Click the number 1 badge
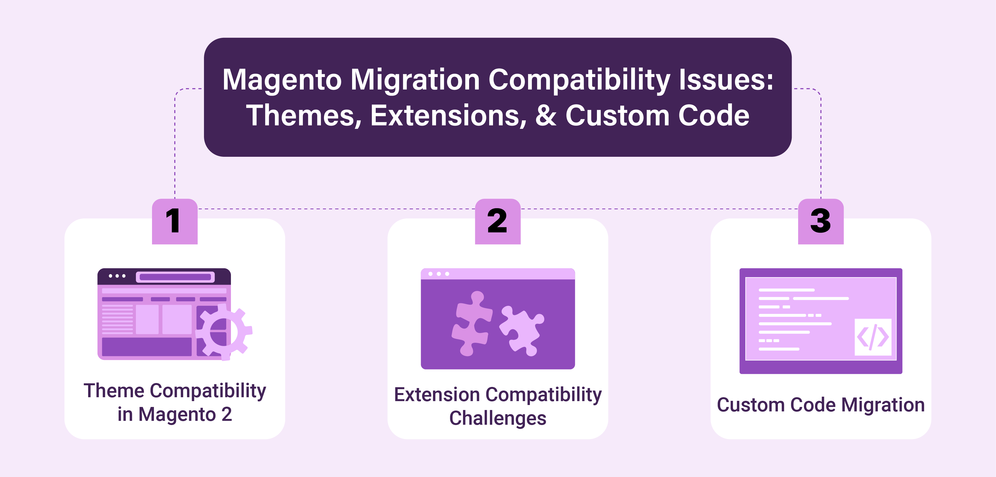[x=174, y=221]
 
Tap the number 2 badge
[x=498, y=221]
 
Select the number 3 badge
[x=820, y=221]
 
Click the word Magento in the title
[x=282, y=80]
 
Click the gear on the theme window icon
[x=224, y=332]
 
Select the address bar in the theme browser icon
[x=175, y=277]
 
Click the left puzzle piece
[x=471, y=323]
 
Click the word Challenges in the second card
[x=498, y=418]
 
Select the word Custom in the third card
[x=751, y=405]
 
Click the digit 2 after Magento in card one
[x=226, y=414]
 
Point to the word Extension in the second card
[x=437, y=395]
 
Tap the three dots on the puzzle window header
[x=439, y=274]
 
